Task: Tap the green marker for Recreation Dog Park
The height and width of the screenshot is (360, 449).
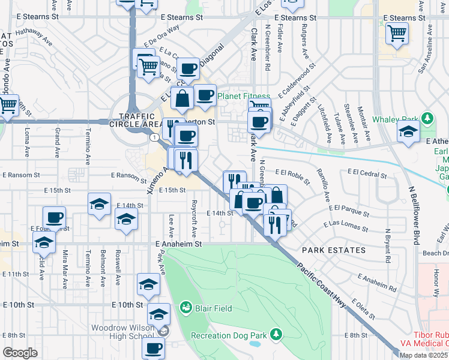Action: point(276,334)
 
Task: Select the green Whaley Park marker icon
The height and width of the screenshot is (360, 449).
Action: point(427,118)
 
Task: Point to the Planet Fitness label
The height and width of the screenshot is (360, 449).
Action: point(241,96)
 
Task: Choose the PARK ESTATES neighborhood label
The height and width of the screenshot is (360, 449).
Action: point(334,250)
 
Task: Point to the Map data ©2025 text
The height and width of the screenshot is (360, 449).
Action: point(423,355)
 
